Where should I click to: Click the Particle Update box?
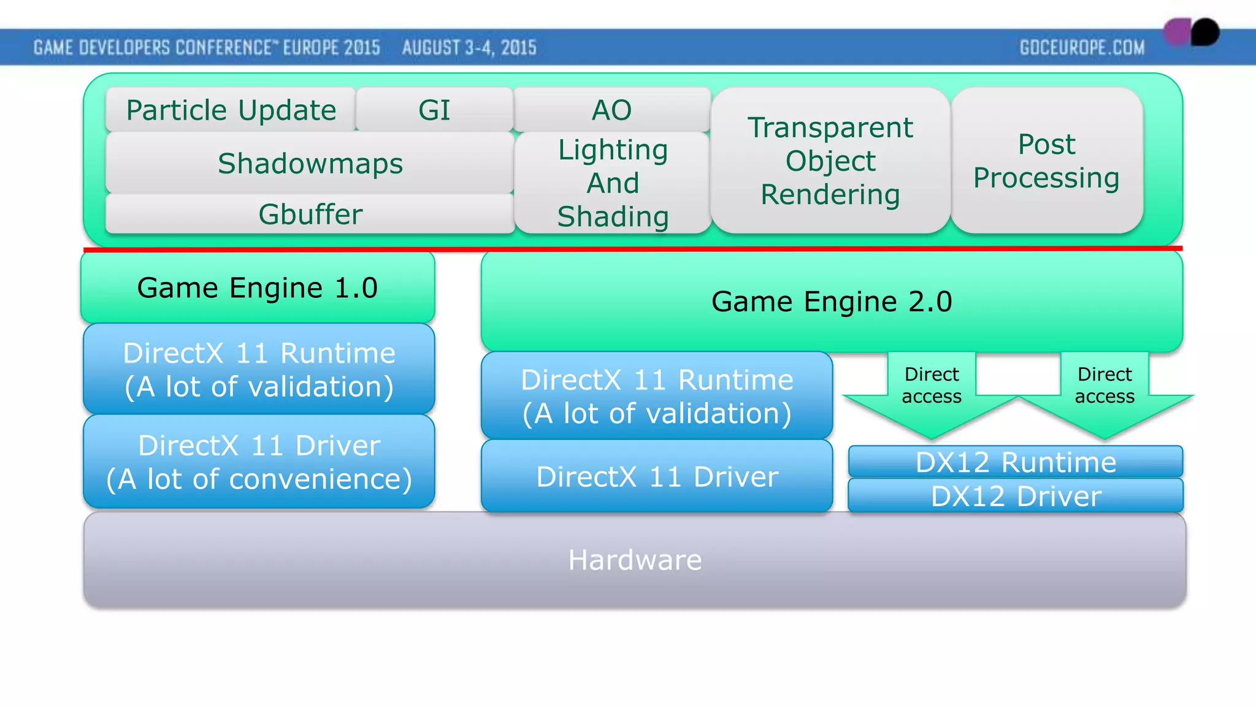click(x=231, y=110)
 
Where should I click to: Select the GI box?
click(x=434, y=110)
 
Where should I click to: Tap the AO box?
click(x=611, y=110)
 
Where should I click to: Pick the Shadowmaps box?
click(x=310, y=163)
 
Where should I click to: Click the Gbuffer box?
click(x=310, y=214)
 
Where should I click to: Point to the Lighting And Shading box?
click(x=613, y=183)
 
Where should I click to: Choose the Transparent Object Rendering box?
click(x=830, y=161)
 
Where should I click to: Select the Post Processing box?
click(x=1046, y=161)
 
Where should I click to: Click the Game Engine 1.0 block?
click(x=258, y=287)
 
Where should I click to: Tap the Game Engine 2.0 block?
click(x=832, y=301)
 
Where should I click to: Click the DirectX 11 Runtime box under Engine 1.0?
click(x=259, y=370)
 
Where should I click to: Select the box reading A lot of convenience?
click(x=259, y=461)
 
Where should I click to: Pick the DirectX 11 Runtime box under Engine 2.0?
click(x=657, y=396)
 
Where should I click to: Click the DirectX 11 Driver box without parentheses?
click(x=657, y=476)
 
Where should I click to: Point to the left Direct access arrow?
click(x=932, y=392)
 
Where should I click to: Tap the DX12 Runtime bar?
click(x=1016, y=461)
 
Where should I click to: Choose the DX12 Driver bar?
click(x=1016, y=496)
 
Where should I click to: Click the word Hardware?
click(x=635, y=560)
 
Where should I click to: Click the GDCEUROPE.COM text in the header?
click(x=1082, y=47)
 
